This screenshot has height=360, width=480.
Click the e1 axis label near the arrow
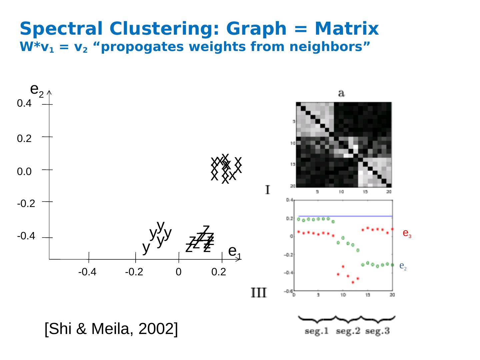[234, 252]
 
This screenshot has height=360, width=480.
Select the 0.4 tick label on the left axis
[24, 104]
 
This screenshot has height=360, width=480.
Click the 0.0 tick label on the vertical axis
[24, 172]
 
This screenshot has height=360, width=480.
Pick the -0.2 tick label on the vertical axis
[26, 204]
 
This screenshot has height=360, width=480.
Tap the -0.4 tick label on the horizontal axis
[87, 272]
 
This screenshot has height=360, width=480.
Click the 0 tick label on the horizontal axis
[179, 272]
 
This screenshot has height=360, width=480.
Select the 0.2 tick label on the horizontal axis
[219, 272]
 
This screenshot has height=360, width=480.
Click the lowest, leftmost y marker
[146, 247]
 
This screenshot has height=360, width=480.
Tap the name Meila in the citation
[111, 329]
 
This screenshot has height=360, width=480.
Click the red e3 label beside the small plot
[407, 233]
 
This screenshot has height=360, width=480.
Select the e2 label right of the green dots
[403, 266]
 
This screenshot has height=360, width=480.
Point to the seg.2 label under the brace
[348, 331]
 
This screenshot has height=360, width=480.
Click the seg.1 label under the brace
[317, 331]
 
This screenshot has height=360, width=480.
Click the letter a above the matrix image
[341, 93]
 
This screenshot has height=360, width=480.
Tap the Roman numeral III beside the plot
[259, 293]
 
